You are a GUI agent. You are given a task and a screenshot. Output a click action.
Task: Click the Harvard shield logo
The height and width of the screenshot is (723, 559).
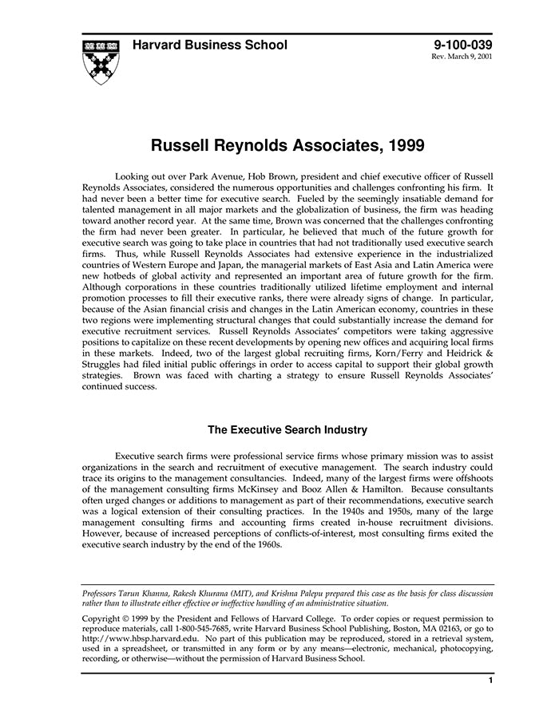(101, 61)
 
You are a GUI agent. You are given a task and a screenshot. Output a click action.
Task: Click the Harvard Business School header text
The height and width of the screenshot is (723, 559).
(210, 45)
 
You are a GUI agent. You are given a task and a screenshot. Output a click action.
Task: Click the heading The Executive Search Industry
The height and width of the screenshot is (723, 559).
(287, 430)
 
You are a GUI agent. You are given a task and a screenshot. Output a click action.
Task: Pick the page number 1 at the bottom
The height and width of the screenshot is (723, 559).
(490, 681)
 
